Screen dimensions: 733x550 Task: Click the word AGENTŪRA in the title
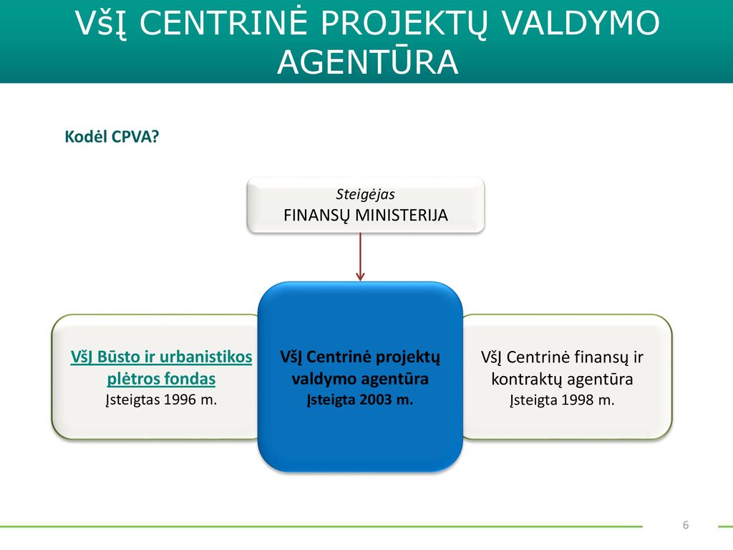pos(367,62)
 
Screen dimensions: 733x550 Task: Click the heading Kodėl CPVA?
pos(112,137)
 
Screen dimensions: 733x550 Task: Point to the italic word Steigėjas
pos(365,194)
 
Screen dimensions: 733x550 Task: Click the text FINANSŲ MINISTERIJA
pos(366,215)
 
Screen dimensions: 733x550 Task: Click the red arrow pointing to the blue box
pos(360,257)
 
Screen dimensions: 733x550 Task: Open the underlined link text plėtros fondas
pos(161,378)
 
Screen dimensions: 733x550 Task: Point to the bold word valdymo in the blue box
pos(320,378)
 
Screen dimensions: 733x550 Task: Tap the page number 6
pos(686,525)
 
